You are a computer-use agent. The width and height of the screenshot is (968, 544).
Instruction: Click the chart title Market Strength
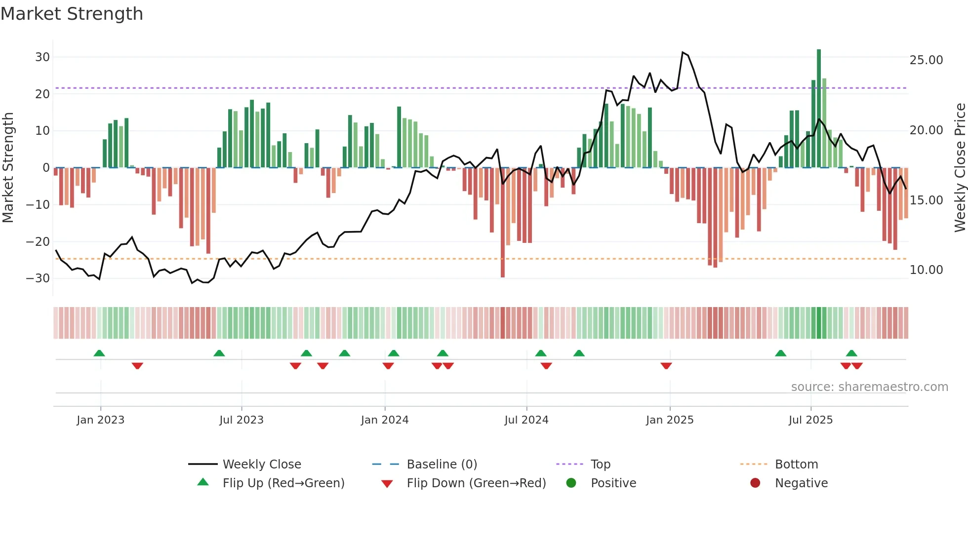[x=72, y=14]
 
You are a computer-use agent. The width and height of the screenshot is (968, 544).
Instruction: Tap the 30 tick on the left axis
[x=42, y=57]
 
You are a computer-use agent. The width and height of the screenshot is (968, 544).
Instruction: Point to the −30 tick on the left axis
[x=38, y=278]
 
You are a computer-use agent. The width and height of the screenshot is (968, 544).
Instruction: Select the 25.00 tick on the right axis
[x=926, y=60]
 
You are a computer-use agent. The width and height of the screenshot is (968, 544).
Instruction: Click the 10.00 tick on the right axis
[x=926, y=270]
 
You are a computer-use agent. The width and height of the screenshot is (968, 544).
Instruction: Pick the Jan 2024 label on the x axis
[x=385, y=420]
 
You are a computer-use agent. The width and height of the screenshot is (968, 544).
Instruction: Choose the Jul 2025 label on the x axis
[x=810, y=420]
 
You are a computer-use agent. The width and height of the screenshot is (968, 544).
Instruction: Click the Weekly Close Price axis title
[x=960, y=168]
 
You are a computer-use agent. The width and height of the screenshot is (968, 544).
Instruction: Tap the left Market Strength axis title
[x=8, y=168]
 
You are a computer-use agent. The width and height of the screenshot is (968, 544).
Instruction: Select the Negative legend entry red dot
[x=755, y=483]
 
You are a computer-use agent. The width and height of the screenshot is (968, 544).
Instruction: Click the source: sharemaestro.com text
[x=869, y=387]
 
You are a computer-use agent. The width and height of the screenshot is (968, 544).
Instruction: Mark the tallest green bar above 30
[x=819, y=109]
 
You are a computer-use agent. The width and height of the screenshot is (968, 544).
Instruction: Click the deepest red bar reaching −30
[x=503, y=222]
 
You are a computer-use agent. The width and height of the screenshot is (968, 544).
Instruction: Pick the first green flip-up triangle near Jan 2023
[x=99, y=353]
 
